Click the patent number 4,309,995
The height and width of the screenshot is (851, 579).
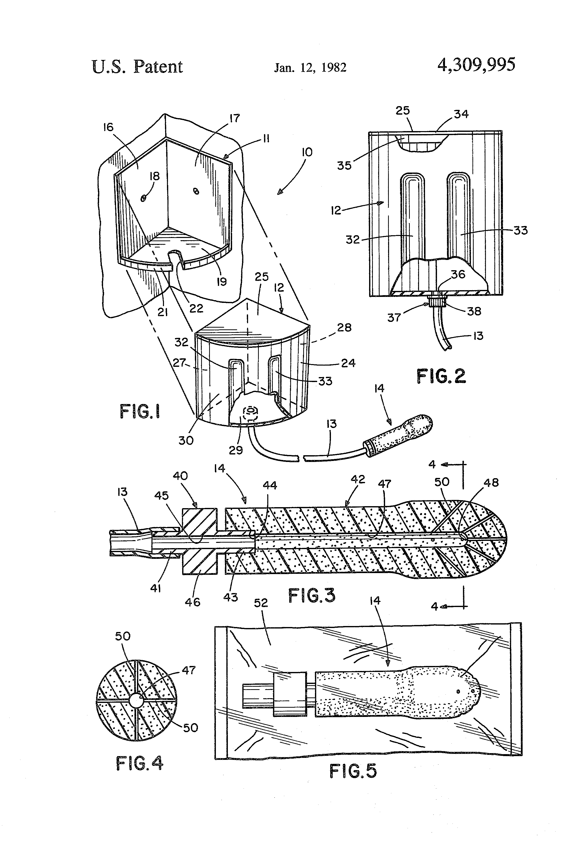point(476,65)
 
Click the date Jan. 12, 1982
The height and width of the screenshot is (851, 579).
point(310,67)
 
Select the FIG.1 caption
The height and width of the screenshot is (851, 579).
point(140,412)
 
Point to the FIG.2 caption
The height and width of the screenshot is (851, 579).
point(441,376)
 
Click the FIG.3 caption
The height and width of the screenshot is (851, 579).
point(312,595)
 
